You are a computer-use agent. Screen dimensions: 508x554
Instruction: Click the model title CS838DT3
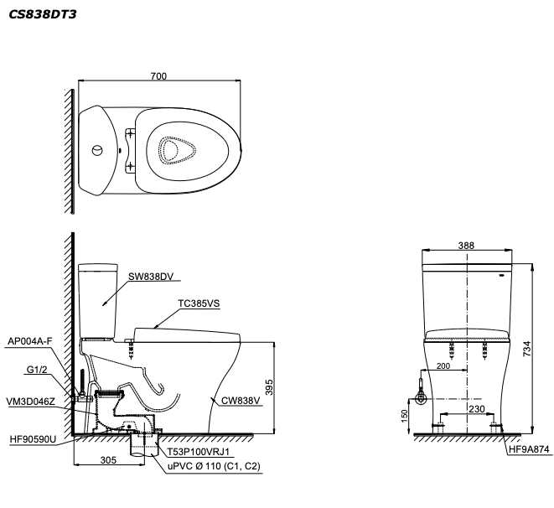pyautogui.click(x=42, y=14)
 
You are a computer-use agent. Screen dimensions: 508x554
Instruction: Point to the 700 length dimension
pyautogui.click(x=158, y=76)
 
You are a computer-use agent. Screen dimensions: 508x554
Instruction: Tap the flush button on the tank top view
pyautogui.click(x=98, y=151)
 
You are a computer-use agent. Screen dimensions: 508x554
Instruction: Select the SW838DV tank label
pyautogui.click(x=150, y=277)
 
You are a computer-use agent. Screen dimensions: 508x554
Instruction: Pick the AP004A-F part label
pyautogui.click(x=29, y=341)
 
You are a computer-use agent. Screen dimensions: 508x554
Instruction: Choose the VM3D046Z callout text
pyautogui.click(x=32, y=402)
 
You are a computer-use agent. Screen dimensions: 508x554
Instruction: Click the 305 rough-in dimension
pyautogui.click(x=109, y=460)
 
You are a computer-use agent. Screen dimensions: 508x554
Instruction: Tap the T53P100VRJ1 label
pyautogui.click(x=197, y=451)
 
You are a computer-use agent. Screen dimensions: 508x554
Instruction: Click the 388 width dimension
pyautogui.click(x=467, y=246)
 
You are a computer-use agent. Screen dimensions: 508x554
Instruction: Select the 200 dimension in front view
pyautogui.click(x=444, y=366)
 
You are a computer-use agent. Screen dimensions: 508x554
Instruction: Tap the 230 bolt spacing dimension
pyautogui.click(x=475, y=409)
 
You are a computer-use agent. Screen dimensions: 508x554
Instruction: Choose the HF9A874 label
pyautogui.click(x=529, y=451)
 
